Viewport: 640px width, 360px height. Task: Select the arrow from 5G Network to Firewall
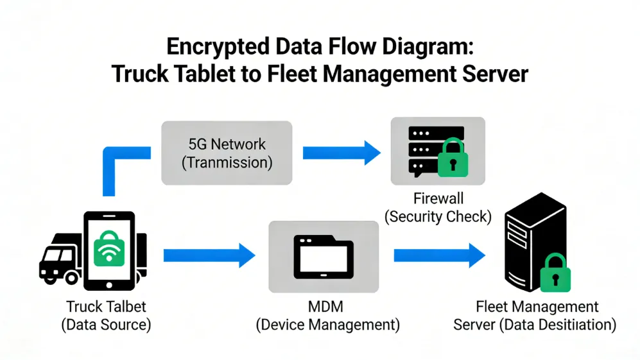[341, 153]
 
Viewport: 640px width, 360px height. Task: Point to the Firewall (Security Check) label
[438, 208]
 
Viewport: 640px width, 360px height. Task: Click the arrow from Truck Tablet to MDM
[209, 255]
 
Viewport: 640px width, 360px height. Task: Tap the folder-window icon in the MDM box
[323, 255]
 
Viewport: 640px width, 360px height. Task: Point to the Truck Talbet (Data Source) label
[106, 316]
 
